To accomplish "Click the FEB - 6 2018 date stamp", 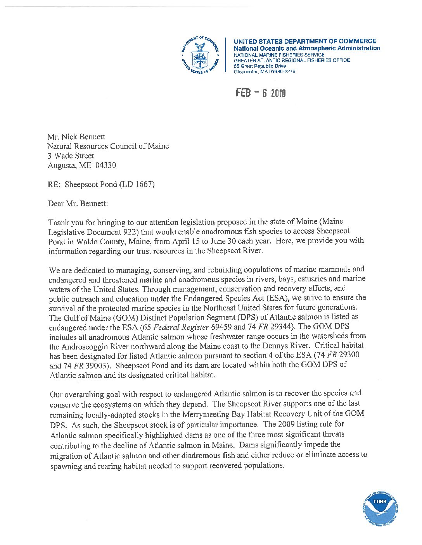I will point(261,93).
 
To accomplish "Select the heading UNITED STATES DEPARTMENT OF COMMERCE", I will point(304,41).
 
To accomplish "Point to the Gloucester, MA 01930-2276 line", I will point(264,72).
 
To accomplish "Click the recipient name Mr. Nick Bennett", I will point(76,137).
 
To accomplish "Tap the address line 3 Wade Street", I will point(71,156).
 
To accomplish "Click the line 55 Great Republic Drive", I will point(259,66).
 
